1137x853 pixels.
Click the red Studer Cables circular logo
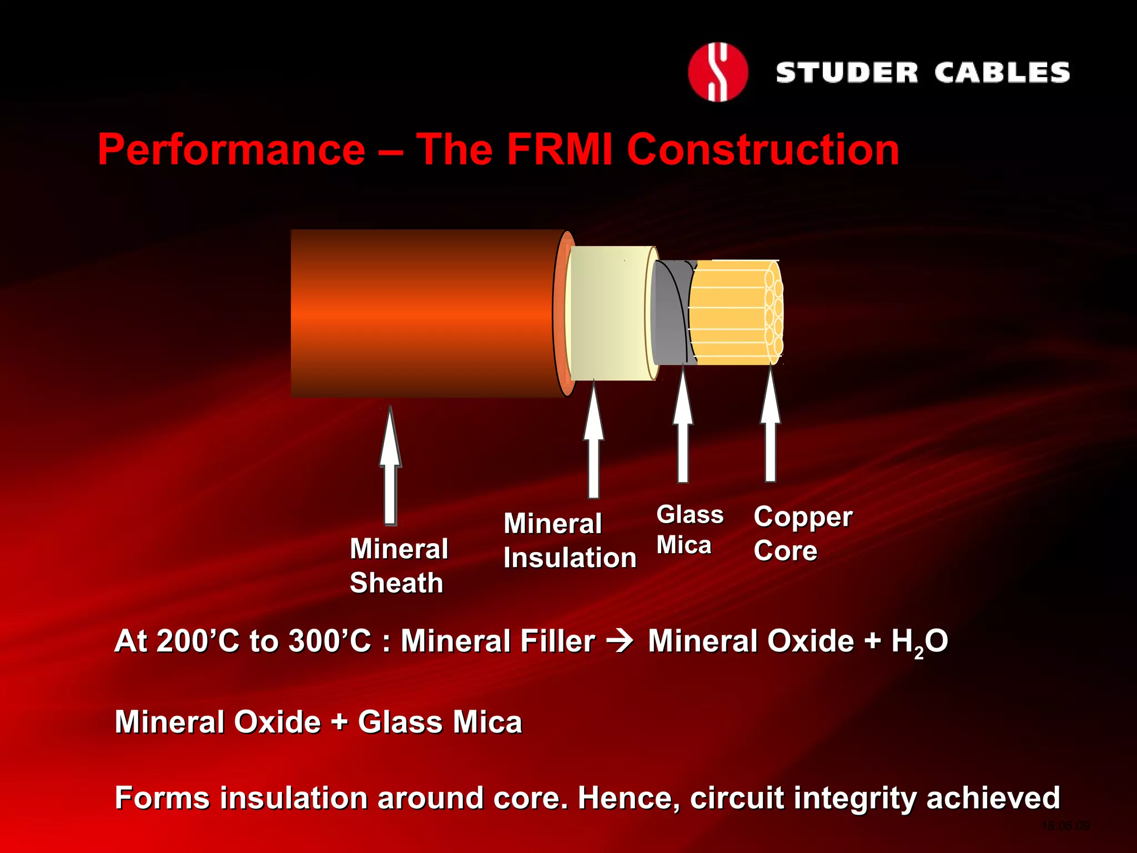(x=718, y=72)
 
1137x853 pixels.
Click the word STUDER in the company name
(x=847, y=73)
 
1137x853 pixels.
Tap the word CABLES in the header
(x=1002, y=73)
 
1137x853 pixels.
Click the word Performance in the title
(x=232, y=150)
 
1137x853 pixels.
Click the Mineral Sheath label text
(x=398, y=565)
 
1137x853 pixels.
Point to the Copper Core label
(x=802, y=533)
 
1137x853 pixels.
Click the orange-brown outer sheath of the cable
(x=422, y=313)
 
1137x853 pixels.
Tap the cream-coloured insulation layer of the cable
(x=608, y=313)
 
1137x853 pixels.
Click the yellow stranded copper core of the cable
(x=730, y=313)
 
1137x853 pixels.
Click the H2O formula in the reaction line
(x=919, y=642)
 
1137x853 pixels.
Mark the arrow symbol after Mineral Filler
(x=620, y=642)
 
